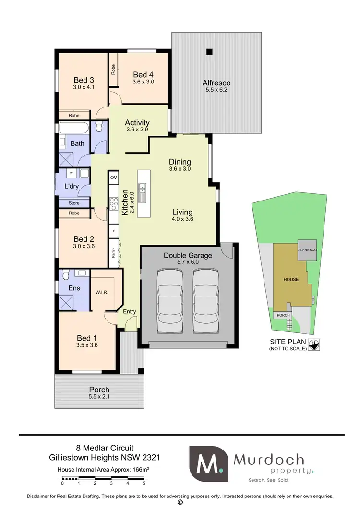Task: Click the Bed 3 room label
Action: (84, 80)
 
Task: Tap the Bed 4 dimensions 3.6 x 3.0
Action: (143, 82)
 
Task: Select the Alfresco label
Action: (216, 83)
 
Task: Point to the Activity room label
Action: (137, 122)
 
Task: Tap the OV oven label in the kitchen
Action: (114, 178)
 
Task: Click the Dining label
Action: (180, 162)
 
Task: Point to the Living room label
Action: (182, 212)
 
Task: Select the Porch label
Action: (99, 390)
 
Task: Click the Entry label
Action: (130, 311)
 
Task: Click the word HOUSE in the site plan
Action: (290, 279)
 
